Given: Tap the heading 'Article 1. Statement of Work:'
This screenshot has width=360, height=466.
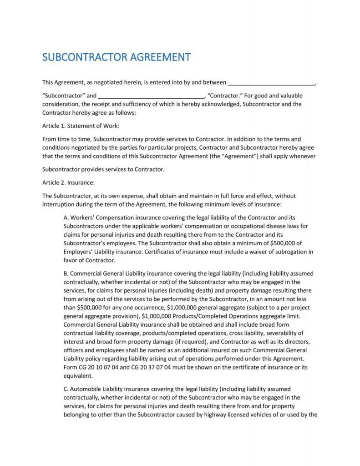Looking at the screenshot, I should (81, 126).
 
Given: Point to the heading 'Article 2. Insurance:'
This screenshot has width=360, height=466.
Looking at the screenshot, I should (68, 182).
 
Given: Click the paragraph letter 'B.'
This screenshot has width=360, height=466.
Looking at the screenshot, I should (66, 274).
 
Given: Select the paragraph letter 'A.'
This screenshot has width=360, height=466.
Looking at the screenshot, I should (66, 218).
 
